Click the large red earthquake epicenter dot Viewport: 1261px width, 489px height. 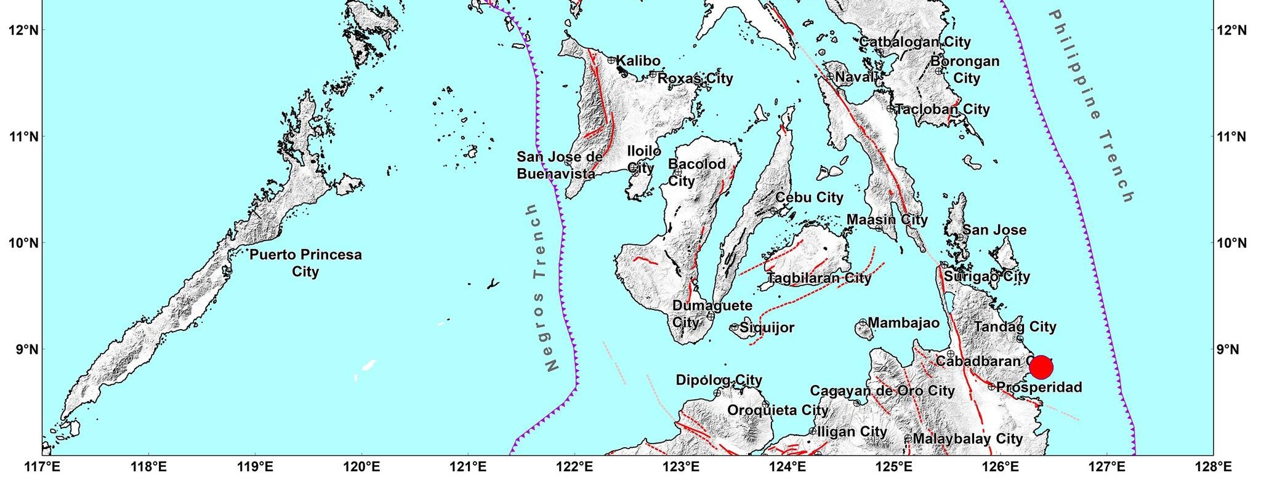click(1041, 367)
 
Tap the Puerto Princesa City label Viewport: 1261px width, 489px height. click(305, 263)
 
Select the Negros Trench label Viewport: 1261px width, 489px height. click(542, 288)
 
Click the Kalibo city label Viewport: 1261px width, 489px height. click(638, 61)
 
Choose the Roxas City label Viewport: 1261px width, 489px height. click(695, 78)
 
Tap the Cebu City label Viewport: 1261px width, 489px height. click(809, 197)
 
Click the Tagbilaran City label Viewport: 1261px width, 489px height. click(819, 278)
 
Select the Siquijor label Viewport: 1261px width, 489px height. click(767, 328)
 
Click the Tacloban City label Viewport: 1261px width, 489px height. click(942, 109)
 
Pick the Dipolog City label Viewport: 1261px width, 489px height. click(719, 380)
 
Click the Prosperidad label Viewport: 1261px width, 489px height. click(1039, 388)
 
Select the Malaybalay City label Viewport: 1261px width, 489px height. click(967, 439)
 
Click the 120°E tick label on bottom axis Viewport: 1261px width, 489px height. click(361, 467)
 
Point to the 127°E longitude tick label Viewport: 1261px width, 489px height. click(1106, 467)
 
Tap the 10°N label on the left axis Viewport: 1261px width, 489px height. click(24, 243)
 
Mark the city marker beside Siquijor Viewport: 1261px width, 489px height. click(735, 327)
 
